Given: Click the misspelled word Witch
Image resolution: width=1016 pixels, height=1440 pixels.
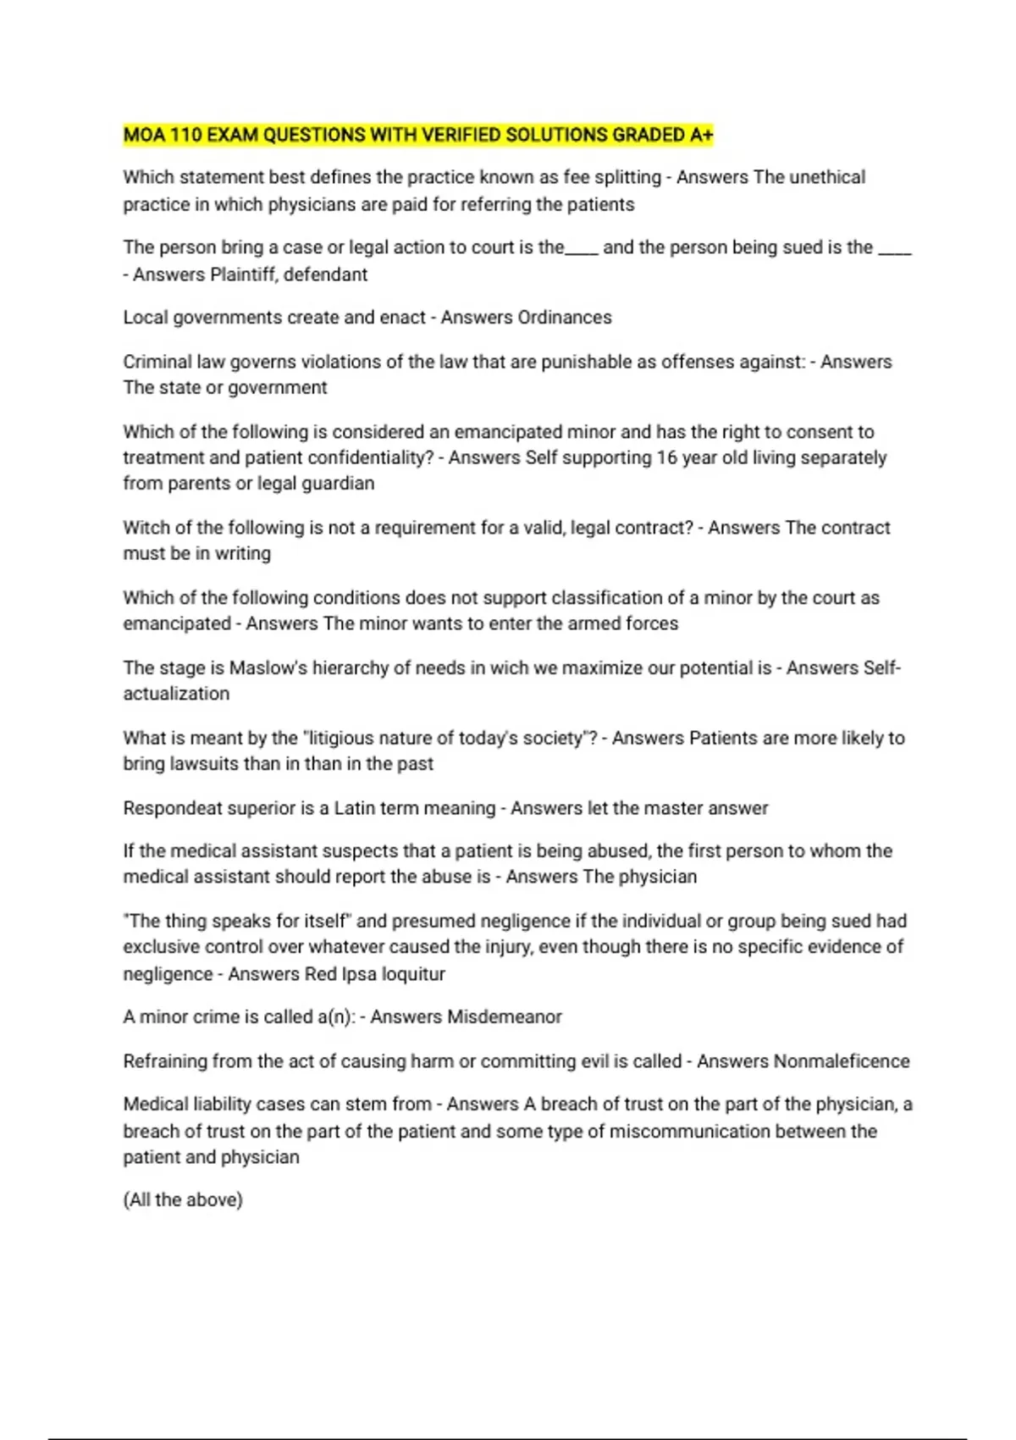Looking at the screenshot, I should (146, 528).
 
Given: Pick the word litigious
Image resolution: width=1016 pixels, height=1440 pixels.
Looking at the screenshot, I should (341, 739).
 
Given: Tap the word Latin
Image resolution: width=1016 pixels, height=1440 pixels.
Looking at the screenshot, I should (358, 808).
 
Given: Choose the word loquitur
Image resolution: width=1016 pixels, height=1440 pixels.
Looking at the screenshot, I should (413, 974).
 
